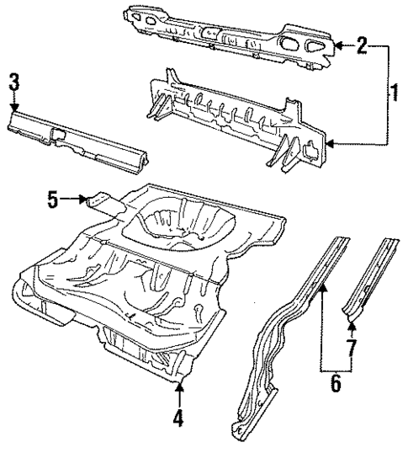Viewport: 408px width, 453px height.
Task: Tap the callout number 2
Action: (x=361, y=45)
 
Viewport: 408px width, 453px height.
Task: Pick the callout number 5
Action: (x=52, y=200)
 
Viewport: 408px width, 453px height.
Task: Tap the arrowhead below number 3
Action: (x=14, y=106)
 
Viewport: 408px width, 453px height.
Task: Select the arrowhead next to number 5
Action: (x=84, y=200)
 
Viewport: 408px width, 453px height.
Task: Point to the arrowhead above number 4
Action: (x=179, y=386)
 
